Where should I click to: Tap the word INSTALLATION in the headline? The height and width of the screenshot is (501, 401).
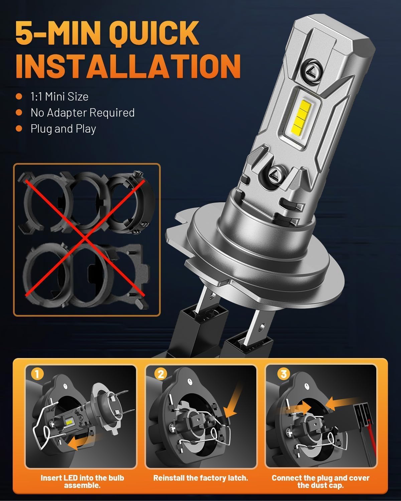click(x=128, y=67)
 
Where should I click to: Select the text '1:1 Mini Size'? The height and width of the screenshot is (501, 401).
click(x=59, y=97)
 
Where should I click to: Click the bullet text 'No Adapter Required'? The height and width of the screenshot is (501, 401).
click(x=83, y=113)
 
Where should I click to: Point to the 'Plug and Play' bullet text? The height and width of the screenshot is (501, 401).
click(x=63, y=129)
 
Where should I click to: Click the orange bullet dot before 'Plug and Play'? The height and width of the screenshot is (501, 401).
click(x=19, y=129)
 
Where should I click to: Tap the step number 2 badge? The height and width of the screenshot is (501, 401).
click(x=161, y=374)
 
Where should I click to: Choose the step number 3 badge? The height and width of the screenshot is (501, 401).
click(x=284, y=374)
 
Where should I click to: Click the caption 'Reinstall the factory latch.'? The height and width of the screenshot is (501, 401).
click(x=200, y=478)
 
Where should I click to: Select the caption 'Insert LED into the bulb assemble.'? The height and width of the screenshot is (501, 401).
click(x=82, y=481)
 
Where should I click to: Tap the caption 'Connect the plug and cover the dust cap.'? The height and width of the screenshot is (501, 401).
click(x=320, y=481)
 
